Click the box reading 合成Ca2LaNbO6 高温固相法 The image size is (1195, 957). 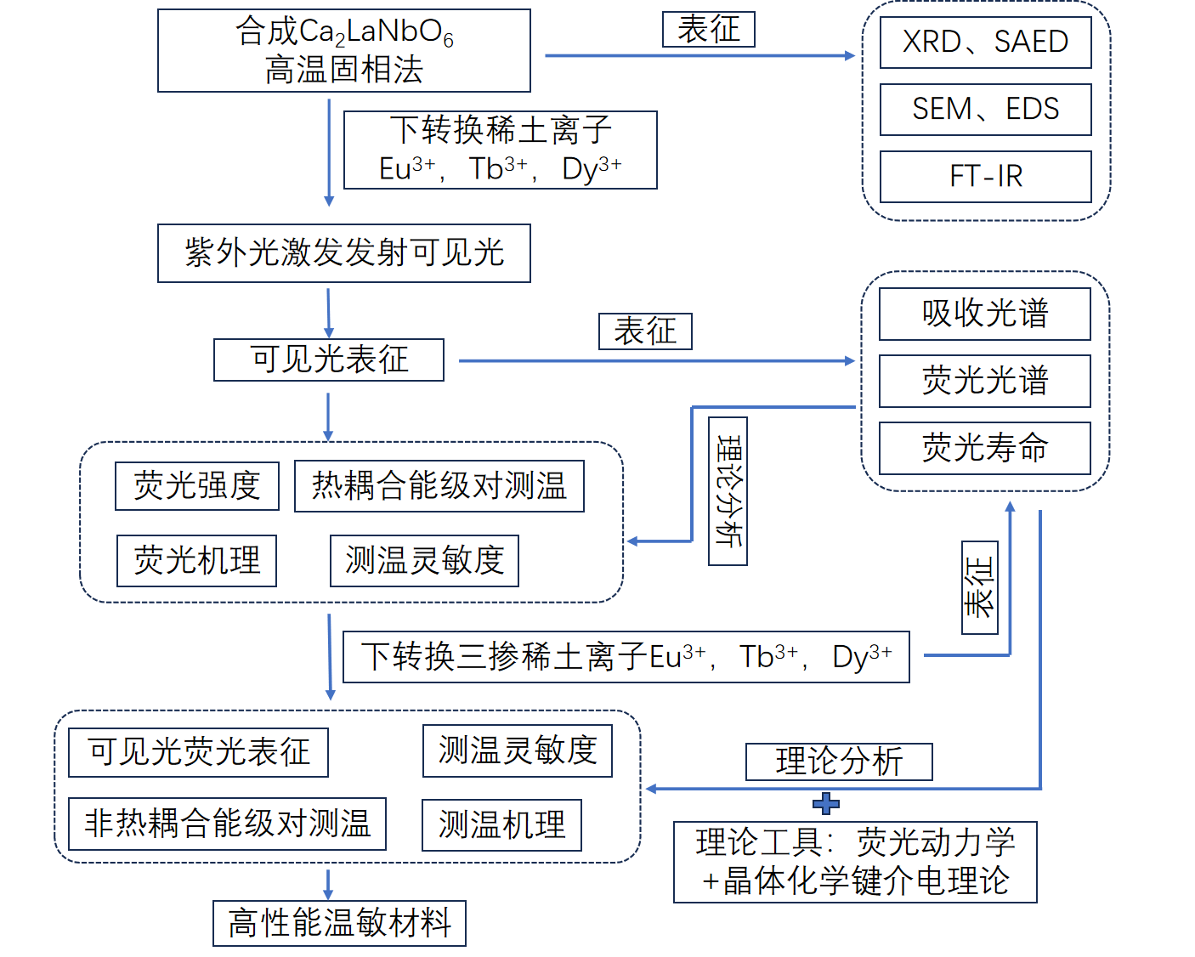(344, 51)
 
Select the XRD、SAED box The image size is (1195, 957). (985, 42)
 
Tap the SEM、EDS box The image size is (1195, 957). (985, 110)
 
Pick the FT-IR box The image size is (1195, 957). (985, 177)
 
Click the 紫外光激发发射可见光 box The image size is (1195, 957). (344, 253)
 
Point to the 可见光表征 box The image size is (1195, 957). (329, 360)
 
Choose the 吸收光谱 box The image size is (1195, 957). (984, 314)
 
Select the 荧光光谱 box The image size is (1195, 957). (984, 381)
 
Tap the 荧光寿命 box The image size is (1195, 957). (984, 448)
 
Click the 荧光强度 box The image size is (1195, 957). (197, 486)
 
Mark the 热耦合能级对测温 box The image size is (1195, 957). (439, 486)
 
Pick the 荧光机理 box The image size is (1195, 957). (197, 561)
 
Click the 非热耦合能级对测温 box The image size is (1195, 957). (227, 824)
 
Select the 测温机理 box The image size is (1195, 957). (501, 825)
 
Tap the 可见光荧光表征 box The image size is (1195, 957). (198, 752)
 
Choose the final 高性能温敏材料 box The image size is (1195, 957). (339, 923)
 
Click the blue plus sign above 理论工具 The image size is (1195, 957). (826, 803)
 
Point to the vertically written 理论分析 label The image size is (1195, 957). (728, 491)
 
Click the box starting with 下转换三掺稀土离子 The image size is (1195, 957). (626, 657)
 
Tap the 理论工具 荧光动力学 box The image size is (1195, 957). (855, 862)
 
